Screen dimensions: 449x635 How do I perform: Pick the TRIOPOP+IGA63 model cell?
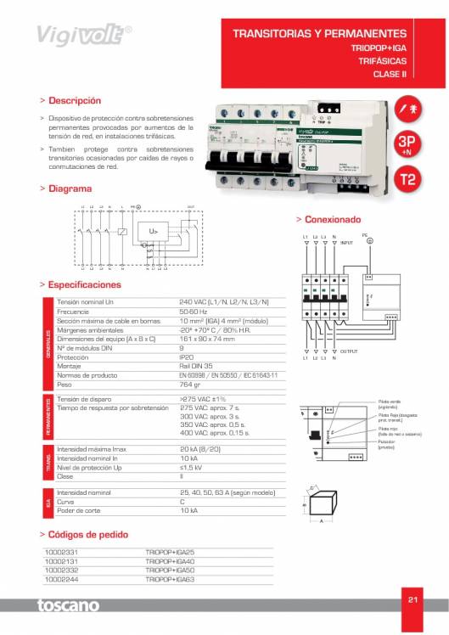coord(170,578)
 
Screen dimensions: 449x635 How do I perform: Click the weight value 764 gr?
coord(192,384)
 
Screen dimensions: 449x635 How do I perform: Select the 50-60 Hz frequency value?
coord(193,312)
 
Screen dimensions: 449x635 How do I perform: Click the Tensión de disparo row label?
coord(85,398)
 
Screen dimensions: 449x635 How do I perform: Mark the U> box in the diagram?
coord(154,230)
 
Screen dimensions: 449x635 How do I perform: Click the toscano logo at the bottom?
coord(68,606)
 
